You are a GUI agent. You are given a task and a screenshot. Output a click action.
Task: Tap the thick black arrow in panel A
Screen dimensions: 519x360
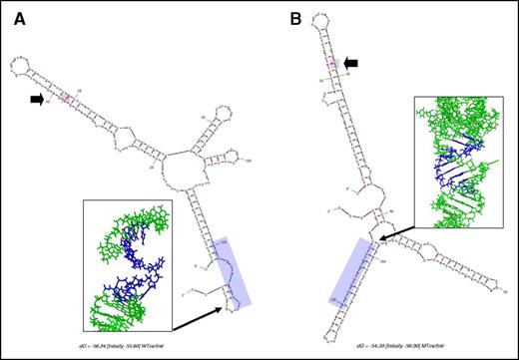click(x=38, y=99)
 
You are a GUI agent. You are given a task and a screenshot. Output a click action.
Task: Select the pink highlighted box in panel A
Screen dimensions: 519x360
click(x=66, y=98)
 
